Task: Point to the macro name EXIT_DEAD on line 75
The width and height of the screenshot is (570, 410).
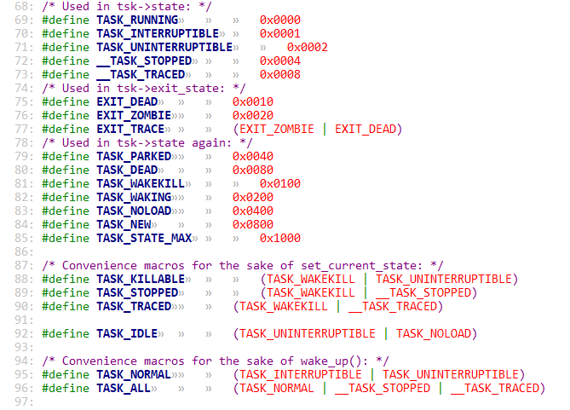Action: coord(127,102)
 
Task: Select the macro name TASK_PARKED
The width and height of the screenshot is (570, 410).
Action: coord(134,156)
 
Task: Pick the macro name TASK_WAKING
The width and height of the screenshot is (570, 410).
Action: coord(134,197)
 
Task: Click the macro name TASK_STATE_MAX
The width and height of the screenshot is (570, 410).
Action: coord(144,238)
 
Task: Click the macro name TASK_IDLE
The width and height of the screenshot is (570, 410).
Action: coord(127,333)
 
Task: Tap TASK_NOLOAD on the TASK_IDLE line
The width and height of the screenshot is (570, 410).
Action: coord(436,333)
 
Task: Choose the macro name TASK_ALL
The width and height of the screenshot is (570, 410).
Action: coord(124,388)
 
